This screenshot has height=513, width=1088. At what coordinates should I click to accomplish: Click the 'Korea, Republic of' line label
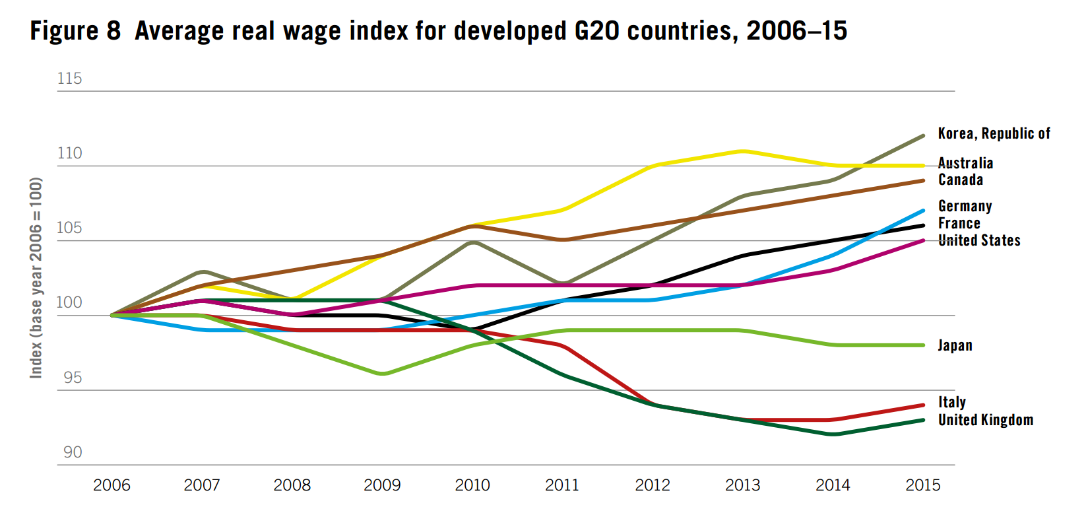click(994, 133)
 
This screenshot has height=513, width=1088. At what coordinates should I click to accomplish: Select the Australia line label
click(965, 163)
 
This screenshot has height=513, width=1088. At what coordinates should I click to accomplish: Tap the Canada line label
click(961, 180)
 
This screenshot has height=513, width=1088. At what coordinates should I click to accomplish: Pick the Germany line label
click(965, 206)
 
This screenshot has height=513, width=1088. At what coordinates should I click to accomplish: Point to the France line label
click(959, 223)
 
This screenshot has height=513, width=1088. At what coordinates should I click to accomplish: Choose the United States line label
click(979, 240)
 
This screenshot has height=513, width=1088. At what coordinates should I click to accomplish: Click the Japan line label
click(955, 345)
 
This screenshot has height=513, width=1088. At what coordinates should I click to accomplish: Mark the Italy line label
click(951, 402)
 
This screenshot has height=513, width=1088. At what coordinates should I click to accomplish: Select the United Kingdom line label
click(985, 420)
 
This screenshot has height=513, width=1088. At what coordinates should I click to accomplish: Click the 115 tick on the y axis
click(69, 79)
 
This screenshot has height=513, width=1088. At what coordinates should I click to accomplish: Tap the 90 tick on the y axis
click(73, 452)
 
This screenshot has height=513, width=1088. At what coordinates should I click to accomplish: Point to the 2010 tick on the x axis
click(472, 485)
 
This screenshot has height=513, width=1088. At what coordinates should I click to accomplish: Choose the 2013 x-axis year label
click(742, 485)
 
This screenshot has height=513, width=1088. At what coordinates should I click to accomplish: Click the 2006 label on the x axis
click(112, 485)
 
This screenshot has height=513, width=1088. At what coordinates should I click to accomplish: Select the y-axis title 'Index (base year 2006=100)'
click(36, 277)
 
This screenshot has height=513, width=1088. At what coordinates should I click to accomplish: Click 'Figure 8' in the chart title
click(75, 31)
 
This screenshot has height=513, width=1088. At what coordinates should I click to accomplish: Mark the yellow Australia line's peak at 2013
click(743, 151)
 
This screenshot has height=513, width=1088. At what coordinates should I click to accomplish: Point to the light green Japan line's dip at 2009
click(383, 374)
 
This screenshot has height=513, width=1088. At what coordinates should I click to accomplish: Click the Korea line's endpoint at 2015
click(922, 135)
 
